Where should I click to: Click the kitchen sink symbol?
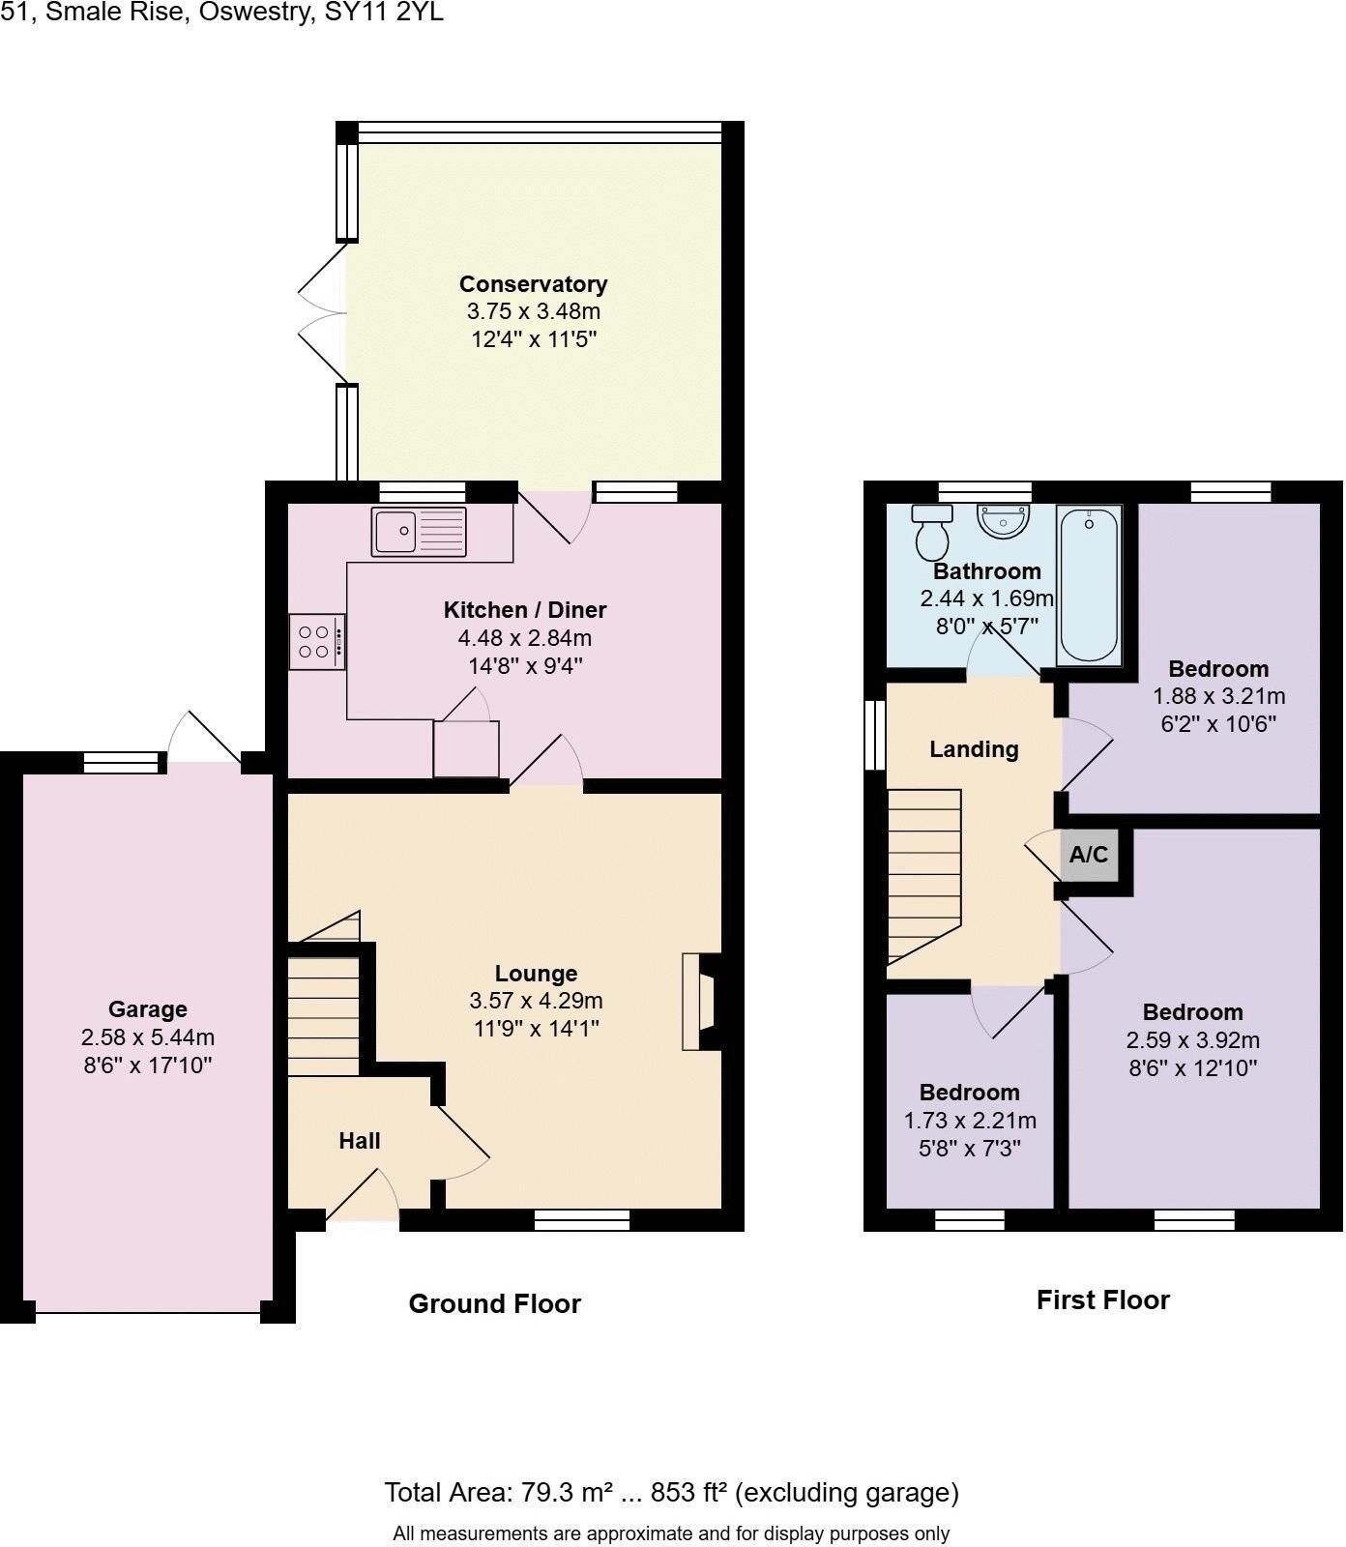coord(418,532)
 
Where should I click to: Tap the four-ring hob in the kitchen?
coord(316,642)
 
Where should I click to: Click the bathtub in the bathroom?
coord(1089,586)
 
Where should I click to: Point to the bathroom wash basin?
coord(1003,521)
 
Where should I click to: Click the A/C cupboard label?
coord(1089,855)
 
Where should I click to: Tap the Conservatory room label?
coord(533,284)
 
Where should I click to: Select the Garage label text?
coord(147,1009)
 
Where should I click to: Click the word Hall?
coord(359,1141)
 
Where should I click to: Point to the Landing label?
coord(974,749)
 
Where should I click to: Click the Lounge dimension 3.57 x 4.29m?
coord(536,1001)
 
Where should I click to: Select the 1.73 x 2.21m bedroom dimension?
coord(969,1121)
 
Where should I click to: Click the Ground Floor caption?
coord(494,1304)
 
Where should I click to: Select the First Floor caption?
coord(1102,1300)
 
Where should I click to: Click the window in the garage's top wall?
coord(122,764)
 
